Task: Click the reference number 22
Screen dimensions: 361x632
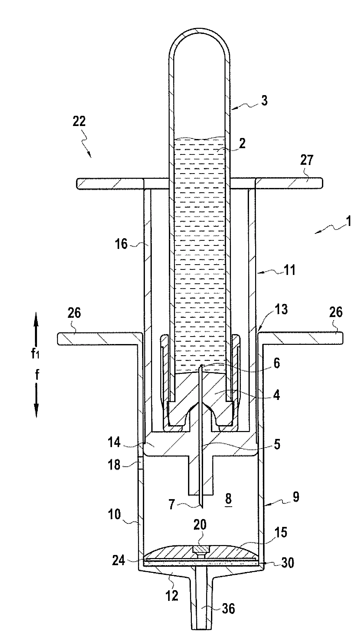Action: (79, 122)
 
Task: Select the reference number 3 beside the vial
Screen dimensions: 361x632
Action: (265, 100)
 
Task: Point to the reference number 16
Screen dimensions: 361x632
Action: (121, 244)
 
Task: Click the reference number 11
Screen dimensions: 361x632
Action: (289, 270)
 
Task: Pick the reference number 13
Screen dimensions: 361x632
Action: (281, 310)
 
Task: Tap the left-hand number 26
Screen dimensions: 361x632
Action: (74, 313)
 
